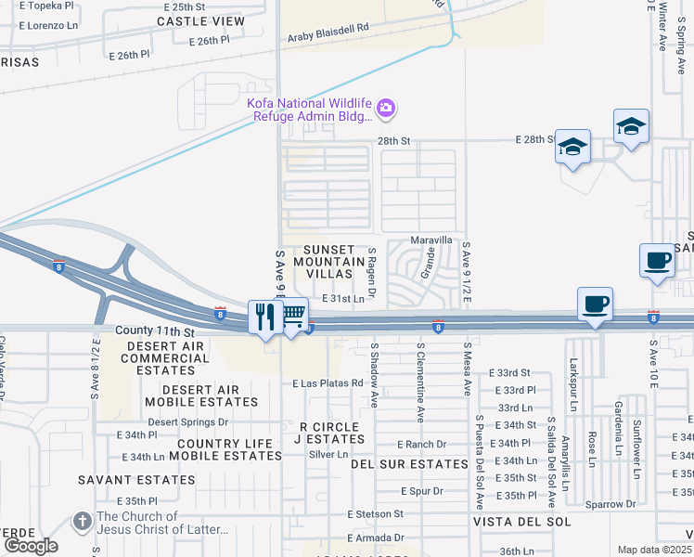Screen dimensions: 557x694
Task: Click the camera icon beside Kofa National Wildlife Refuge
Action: click(386, 110)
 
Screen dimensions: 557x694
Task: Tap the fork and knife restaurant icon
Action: click(265, 317)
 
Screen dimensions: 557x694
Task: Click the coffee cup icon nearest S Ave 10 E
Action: click(657, 260)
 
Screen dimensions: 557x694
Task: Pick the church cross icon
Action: click(83, 522)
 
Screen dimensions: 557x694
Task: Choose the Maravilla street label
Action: click(431, 240)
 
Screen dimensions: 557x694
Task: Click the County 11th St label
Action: click(155, 331)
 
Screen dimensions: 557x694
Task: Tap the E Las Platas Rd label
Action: click(327, 383)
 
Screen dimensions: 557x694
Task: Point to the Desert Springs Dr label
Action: click(188, 421)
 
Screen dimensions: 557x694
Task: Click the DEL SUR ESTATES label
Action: click(409, 464)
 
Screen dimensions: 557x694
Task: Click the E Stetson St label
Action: click(376, 513)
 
